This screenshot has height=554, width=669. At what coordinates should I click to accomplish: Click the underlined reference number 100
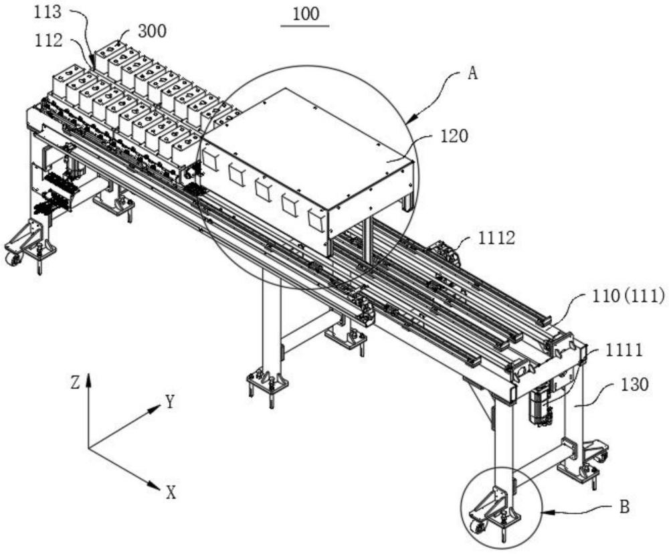(306, 14)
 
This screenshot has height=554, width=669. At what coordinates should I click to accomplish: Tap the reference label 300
(153, 31)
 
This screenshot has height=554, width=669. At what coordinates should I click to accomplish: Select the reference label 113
(47, 12)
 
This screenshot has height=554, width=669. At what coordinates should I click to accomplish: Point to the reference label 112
(49, 41)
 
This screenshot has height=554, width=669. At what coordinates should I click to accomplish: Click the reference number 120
(454, 136)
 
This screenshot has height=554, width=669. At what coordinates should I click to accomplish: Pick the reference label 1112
(496, 238)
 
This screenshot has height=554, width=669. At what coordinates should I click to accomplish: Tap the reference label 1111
(624, 351)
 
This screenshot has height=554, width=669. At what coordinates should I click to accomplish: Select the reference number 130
(634, 385)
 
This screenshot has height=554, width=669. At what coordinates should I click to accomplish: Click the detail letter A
(472, 74)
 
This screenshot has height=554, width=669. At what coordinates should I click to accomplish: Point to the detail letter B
(624, 507)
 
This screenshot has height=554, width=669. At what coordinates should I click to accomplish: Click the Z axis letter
(75, 383)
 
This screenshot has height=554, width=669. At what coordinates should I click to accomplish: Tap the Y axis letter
(171, 401)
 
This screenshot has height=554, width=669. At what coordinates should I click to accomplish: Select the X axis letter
(171, 493)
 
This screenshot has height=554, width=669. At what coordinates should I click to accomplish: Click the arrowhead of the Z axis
(88, 379)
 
